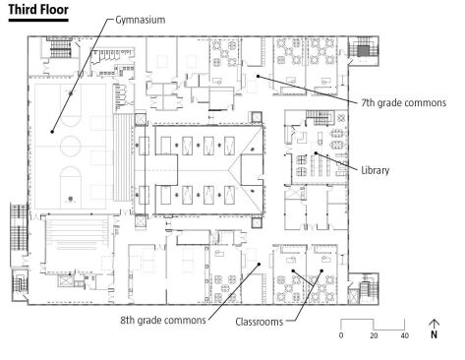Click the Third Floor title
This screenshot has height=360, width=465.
(38, 10)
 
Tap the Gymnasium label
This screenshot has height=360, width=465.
(141, 20)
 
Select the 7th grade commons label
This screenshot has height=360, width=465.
(404, 103)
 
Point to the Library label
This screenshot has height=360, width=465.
(376, 170)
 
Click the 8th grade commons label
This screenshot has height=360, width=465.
(163, 320)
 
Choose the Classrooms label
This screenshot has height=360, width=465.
(260, 322)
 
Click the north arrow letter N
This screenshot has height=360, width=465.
(434, 334)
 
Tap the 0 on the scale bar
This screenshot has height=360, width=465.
(341, 335)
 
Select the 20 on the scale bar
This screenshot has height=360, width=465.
(374, 335)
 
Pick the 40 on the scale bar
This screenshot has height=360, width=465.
(405, 335)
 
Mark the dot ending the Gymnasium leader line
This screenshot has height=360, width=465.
(52, 132)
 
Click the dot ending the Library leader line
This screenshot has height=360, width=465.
(316, 153)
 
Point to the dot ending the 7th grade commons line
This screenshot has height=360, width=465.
(259, 76)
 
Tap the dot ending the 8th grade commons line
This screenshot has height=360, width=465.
(259, 264)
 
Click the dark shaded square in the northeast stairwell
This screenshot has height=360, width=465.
(363, 51)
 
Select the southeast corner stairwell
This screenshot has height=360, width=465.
(364, 289)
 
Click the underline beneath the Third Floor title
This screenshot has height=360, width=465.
(38, 21)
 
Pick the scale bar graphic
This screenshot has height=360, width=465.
(373, 325)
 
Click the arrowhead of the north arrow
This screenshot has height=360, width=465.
(434, 322)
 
